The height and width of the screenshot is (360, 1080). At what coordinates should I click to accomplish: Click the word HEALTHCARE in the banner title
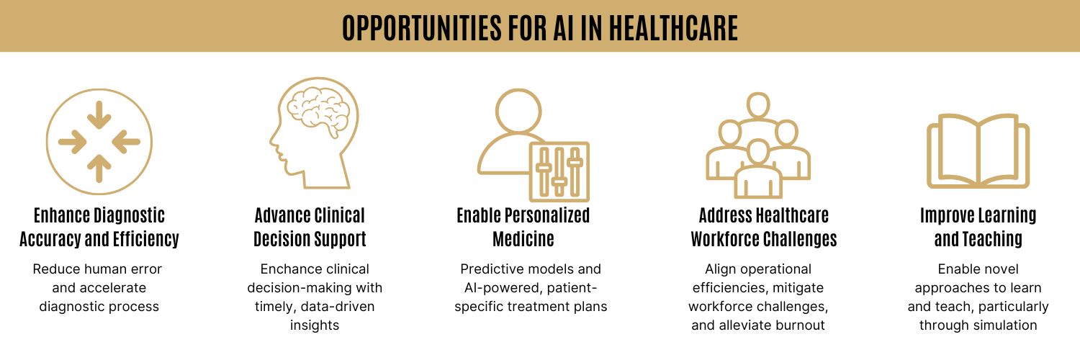tap(673, 28)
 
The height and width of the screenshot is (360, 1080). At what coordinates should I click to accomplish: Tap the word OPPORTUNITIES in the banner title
tap(422, 28)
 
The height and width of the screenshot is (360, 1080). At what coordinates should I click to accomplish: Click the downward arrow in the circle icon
tap(99, 114)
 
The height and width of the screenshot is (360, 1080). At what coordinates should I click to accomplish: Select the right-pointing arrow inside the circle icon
tap(72, 142)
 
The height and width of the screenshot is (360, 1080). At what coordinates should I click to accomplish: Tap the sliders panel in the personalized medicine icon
tap(559, 171)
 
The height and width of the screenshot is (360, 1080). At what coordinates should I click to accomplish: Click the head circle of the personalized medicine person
tap(518, 112)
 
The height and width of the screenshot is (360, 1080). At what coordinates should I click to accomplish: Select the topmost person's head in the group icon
tap(758, 105)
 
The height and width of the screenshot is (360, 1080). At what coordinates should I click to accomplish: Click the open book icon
tap(978, 151)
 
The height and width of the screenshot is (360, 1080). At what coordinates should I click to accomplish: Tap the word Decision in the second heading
tap(281, 239)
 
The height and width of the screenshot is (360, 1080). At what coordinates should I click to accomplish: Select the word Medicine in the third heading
tap(523, 239)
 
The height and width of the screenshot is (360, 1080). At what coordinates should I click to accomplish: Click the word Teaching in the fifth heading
tap(996, 239)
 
